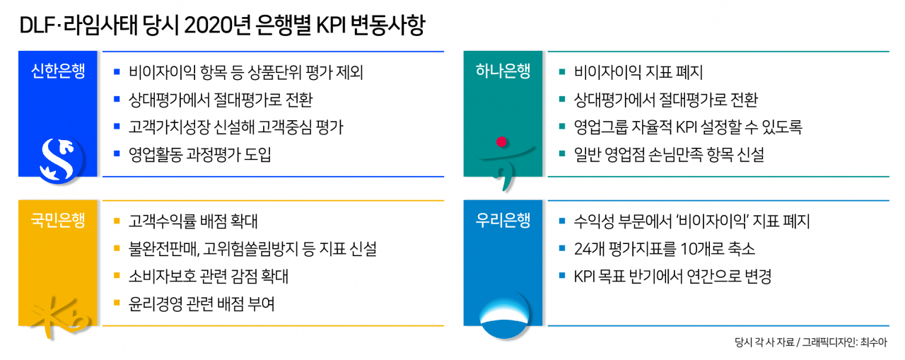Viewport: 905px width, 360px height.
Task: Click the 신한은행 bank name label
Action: coord(58,71)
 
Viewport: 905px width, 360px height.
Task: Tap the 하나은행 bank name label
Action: coord(503,71)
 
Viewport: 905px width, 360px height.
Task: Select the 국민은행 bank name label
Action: coord(58,221)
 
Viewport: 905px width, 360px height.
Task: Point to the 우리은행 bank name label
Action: coord(503,221)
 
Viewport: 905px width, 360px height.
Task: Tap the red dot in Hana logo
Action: coord(501,142)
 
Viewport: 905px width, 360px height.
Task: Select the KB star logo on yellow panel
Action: coord(61,317)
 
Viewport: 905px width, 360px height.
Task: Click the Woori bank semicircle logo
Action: coord(504,317)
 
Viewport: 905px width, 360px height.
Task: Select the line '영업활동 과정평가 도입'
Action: coord(199,155)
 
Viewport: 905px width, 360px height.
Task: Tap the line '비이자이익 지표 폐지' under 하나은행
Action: coord(638,72)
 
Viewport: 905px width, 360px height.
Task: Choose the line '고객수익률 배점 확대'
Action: coord(193,221)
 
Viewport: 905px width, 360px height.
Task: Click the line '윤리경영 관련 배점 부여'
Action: coord(202,304)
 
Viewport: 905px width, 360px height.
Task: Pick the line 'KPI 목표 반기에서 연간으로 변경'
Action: coord(672,277)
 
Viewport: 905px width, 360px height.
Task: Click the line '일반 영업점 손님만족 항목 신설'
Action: coord(669,155)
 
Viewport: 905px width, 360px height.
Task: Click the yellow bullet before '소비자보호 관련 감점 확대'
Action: coord(117,276)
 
